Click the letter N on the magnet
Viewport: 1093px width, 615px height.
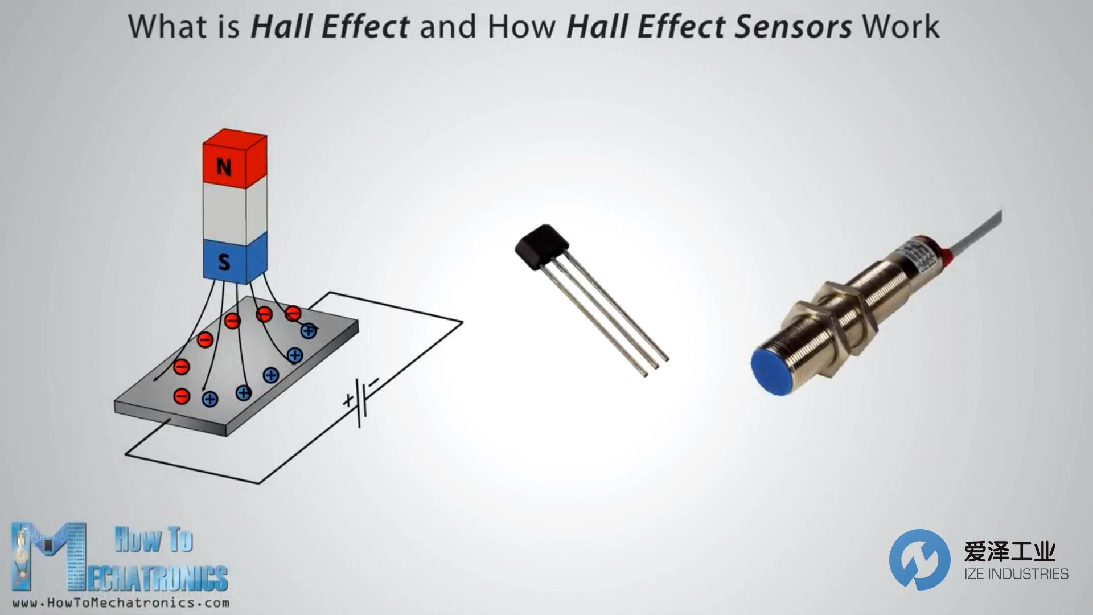tap(224, 167)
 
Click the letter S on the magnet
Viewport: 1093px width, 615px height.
tap(224, 262)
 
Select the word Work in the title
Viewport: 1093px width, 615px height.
tap(901, 27)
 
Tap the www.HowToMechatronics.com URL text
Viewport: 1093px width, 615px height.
tap(121, 602)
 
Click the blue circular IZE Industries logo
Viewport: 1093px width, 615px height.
tap(919, 559)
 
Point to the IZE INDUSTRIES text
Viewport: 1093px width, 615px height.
tap(1016, 573)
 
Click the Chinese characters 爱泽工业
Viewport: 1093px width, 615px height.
tap(1010, 551)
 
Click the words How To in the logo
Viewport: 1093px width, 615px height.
tap(154, 539)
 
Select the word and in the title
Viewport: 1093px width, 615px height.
tap(448, 27)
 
